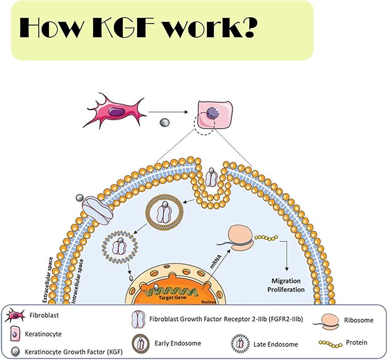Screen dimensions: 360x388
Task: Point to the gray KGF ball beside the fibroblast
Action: pyautogui.click(x=164, y=122)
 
